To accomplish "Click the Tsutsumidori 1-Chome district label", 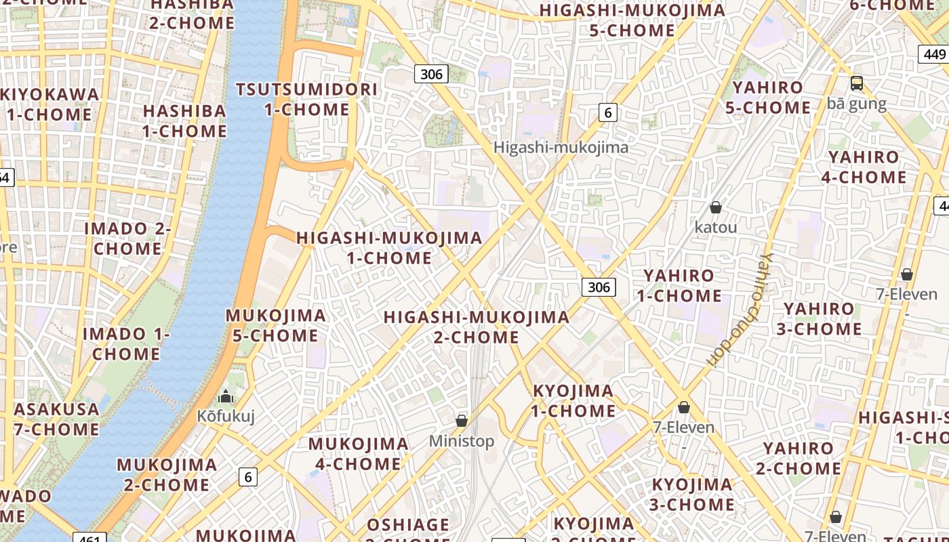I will (x=306, y=99).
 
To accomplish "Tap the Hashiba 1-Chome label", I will (x=184, y=121).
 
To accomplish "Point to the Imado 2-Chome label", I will (x=127, y=238).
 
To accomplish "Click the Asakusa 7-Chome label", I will (x=56, y=419).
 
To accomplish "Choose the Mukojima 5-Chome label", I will (x=275, y=325).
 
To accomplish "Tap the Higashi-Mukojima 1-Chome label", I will (x=389, y=248).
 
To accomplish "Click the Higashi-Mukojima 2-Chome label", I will (x=476, y=327).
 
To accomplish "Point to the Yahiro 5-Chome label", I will (x=768, y=98).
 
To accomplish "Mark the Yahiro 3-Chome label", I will (x=823, y=319).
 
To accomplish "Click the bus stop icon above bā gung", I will (x=857, y=83).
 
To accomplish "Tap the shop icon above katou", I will (x=715, y=207).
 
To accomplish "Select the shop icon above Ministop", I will (x=462, y=421).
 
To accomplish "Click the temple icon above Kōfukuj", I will (x=226, y=396).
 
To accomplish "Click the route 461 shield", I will (x=89, y=539).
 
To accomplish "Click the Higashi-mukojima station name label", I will (x=561, y=147).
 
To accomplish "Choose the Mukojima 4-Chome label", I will (x=359, y=454).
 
